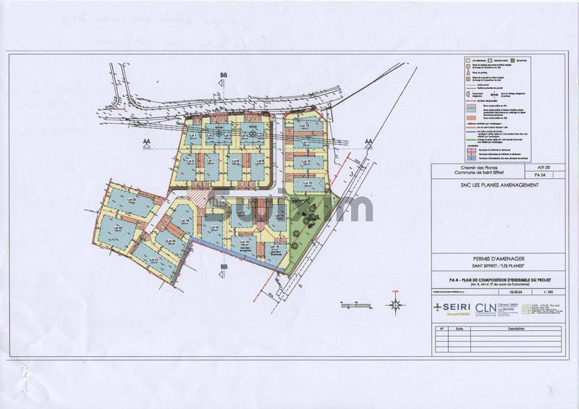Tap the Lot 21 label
click(153, 259)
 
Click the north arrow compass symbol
click(394, 304)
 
